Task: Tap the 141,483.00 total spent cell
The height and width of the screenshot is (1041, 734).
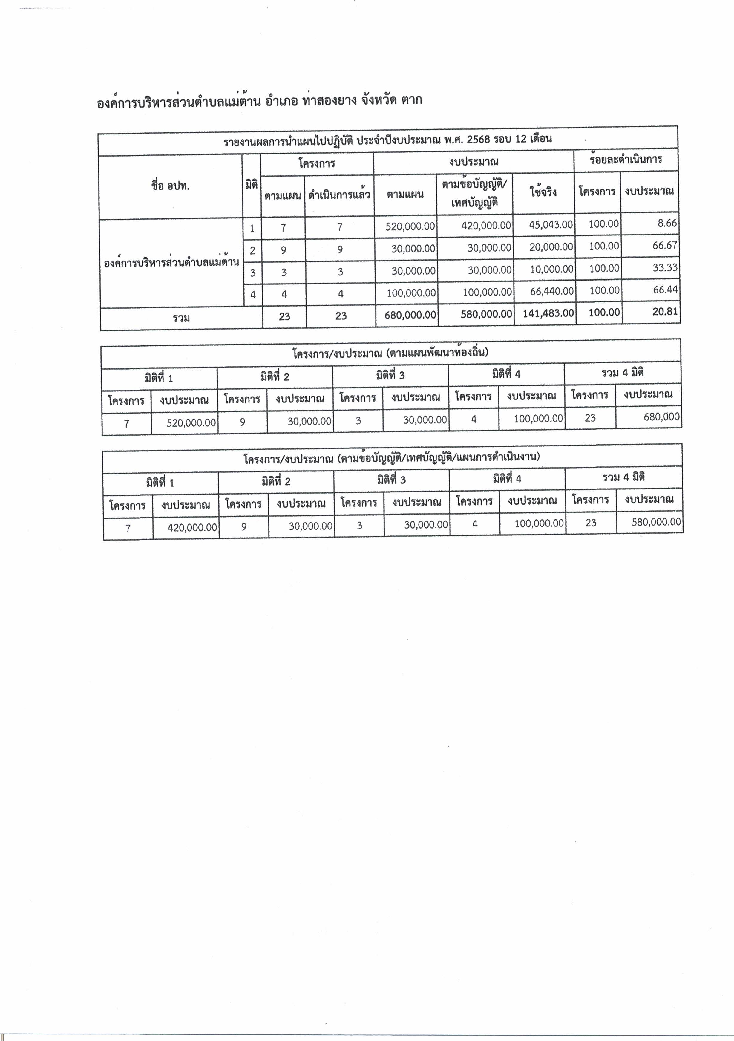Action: (548, 313)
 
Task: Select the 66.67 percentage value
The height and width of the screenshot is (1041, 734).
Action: (665, 245)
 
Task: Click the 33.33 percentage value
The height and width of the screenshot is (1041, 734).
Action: (665, 267)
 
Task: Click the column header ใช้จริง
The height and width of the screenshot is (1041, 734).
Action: (543, 192)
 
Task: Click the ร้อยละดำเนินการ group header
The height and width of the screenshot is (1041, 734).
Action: (626, 160)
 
